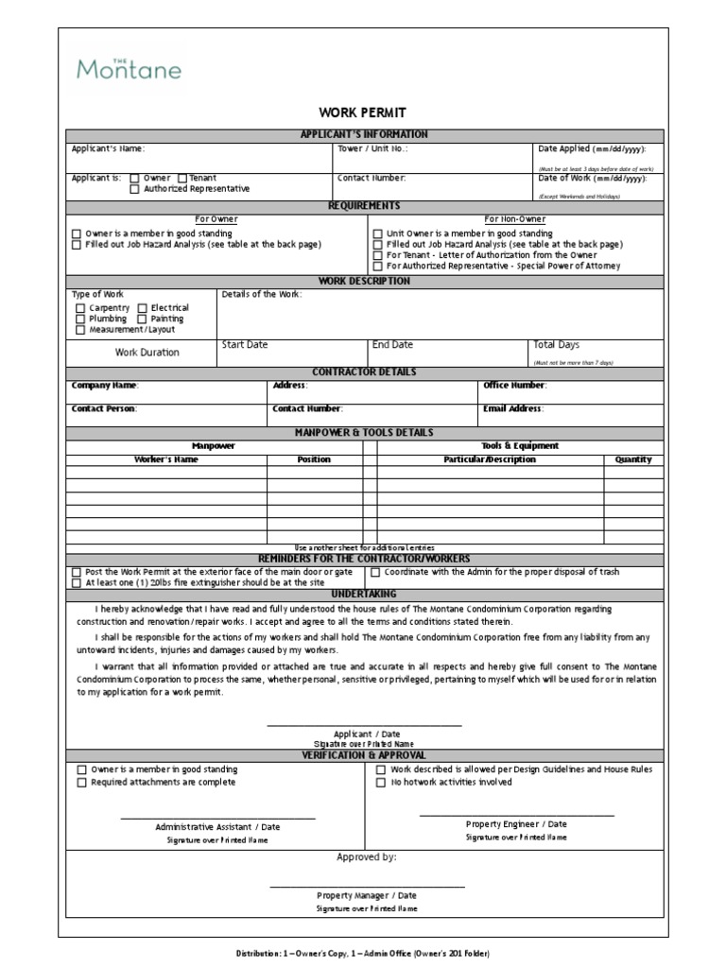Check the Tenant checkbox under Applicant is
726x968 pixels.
[182, 178]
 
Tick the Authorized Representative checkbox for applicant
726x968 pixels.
[135, 189]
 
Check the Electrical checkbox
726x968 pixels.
[142, 308]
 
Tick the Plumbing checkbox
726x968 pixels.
[79, 320]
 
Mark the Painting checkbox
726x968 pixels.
[142, 320]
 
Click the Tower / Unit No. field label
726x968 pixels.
[372, 149]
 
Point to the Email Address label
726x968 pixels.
[513, 409]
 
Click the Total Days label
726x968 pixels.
[557, 345]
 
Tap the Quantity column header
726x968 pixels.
[633, 459]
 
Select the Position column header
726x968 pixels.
[314, 459]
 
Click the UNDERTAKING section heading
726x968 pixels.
[364, 593]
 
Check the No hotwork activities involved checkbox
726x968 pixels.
[380, 783]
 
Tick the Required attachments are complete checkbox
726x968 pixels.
[81, 783]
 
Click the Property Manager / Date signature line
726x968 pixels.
[367, 886]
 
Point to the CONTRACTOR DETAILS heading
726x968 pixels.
[364, 372]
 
